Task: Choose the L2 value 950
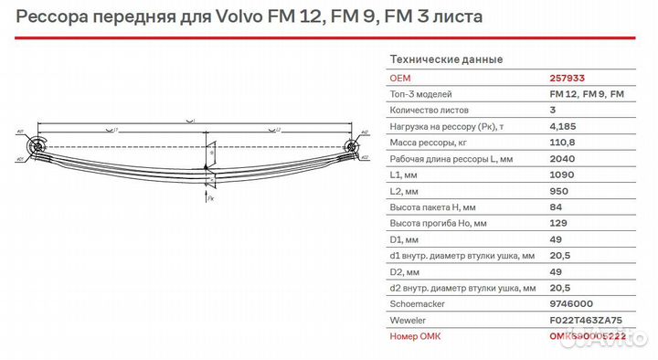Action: [558, 191]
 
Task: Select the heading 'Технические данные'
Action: [446, 59]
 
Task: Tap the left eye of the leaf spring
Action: [37, 144]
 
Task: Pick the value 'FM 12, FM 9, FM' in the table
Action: [587, 95]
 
